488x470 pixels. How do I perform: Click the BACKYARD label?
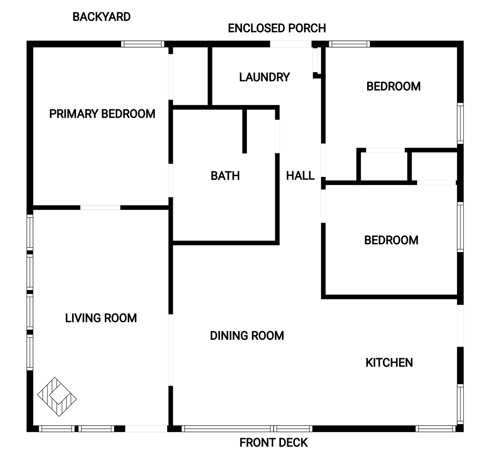point(102,17)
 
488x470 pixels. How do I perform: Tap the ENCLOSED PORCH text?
point(277,28)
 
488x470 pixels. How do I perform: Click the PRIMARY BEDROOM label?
point(102,114)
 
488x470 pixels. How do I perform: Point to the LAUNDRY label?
point(265,77)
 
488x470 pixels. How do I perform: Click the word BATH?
point(225,176)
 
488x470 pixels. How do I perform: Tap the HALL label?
point(300,175)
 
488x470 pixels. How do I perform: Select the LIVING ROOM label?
point(101,318)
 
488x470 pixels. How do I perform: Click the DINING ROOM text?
point(247,336)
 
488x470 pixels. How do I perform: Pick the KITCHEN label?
point(389,363)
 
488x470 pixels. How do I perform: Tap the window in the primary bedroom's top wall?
point(143,44)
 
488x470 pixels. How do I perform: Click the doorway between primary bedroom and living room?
point(100,208)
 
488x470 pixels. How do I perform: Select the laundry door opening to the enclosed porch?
point(291,44)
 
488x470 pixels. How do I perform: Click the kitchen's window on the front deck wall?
point(436,428)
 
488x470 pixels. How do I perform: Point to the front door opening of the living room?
point(146,428)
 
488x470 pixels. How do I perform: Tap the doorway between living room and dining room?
point(170,350)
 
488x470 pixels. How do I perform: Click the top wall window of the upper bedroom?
point(349,44)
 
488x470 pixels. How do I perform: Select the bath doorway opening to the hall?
point(277,136)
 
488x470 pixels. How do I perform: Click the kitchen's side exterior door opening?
point(460,326)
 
